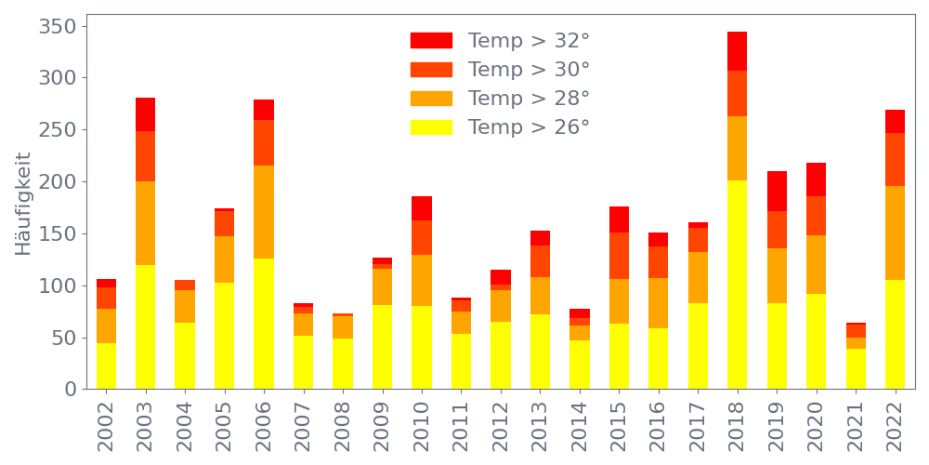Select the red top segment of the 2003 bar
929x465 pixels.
(145, 114)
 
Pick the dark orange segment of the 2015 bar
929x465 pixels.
(619, 256)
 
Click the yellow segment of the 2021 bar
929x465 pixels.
(856, 368)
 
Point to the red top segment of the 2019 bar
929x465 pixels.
(777, 192)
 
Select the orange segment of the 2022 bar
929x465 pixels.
(896, 233)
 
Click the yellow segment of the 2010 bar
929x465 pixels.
(422, 347)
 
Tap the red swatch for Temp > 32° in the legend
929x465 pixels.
(431, 41)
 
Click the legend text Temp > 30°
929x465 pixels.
(529, 70)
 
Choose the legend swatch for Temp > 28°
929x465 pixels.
(431, 99)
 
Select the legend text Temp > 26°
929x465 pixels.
(529, 127)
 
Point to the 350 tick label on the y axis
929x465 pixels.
(58, 27)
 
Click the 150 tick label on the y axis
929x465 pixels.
(58, 234)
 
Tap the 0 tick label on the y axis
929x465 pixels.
(71, 390)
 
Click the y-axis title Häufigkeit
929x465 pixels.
(23, 204)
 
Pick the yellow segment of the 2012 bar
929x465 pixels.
(501, 355)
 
